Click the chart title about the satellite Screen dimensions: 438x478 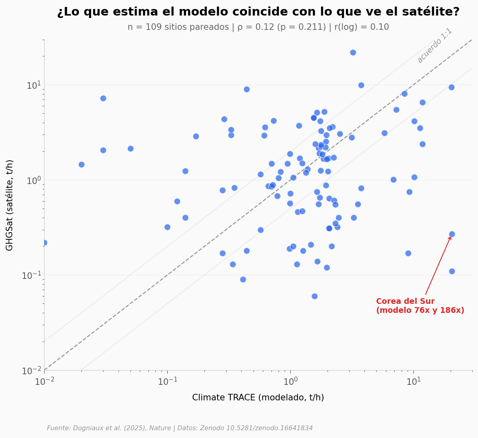(258, 12)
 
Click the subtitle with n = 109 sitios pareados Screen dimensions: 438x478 (258, 27)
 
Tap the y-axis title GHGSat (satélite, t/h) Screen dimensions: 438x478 (10, 205)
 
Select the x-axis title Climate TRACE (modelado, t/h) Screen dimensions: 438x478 (258, 398)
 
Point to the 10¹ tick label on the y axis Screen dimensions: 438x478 (34, 85)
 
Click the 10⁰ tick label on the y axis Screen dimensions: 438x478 (34, 180)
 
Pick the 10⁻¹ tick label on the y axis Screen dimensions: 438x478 (32, 275)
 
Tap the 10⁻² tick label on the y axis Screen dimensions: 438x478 (32, 371)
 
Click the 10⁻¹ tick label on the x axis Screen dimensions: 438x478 (167, 381)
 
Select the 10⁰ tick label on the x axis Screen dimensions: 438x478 (290, 381)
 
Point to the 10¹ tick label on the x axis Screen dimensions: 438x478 (413, 381)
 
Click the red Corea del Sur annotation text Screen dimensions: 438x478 (420, 306)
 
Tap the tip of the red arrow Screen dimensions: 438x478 (451, 237)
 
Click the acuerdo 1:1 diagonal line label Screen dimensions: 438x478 (434, 45)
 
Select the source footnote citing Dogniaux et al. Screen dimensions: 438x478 (180, 428)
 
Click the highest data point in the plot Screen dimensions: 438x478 (353, 52)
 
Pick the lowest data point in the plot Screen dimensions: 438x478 (314, 296)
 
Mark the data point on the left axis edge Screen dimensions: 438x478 (44, 243)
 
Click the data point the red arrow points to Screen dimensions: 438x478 (452, 234)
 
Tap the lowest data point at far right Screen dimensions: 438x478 (452, 271)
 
